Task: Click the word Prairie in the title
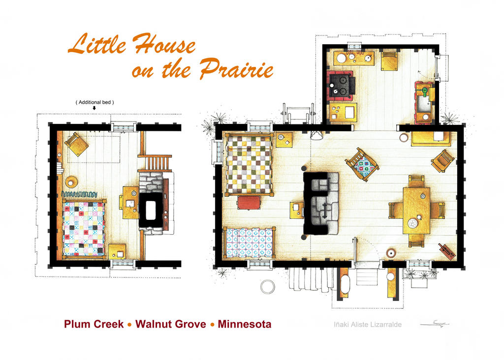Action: tap(236, 69)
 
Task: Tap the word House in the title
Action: tap(164, 44)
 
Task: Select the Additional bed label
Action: tap(95, 102)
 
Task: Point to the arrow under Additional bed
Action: tap(94, 108)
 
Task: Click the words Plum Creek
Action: tap(94, 324)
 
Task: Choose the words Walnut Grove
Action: tap(171, 324)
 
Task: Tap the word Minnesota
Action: tap(245, 324)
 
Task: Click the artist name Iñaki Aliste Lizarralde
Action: tap(368, 325)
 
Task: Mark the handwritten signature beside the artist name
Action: tap(435, 324)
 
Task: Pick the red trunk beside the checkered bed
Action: tap(249, 203)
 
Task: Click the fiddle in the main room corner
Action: tap(447, 251)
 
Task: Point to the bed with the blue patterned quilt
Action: tap(250, 243)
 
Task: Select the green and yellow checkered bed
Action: tap(249, 165)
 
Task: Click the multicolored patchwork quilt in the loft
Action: tap(84, 228)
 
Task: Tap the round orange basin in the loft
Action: tap(71, 182)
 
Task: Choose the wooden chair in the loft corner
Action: tap(76, 144)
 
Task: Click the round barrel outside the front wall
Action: tap(267, 287)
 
